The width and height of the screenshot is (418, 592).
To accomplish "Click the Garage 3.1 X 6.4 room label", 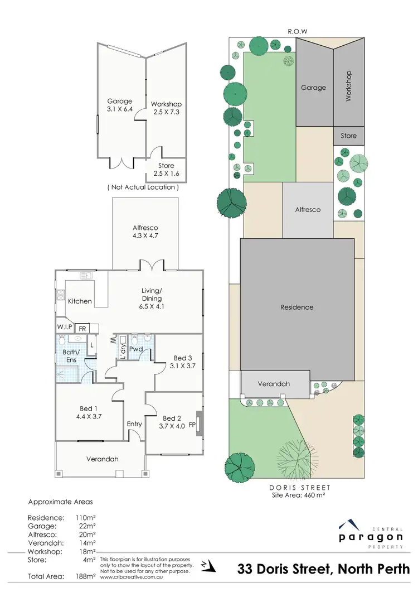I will [120, 105].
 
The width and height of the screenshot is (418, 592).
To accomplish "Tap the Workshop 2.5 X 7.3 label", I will [166, 108].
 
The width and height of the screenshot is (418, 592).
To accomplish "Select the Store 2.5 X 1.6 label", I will [166, 169].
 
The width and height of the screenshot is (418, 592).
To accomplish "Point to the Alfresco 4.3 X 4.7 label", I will [145, 232].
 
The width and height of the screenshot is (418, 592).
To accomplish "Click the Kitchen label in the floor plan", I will [80, 301].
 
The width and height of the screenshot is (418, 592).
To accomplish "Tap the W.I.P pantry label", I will [65, 328].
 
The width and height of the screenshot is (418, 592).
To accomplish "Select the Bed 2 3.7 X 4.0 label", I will [172, 422].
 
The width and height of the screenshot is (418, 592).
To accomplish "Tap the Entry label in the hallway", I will [134, 424].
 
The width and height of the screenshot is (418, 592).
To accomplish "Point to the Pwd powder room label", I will [136, 349].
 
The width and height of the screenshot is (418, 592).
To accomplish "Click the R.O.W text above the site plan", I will [297, 31].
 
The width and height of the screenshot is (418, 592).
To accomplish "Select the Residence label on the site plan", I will [297, 307].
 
